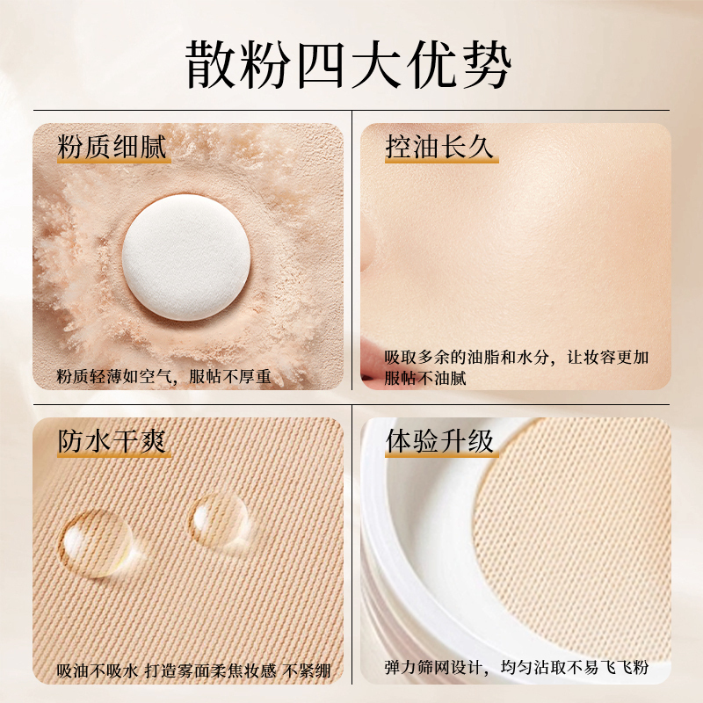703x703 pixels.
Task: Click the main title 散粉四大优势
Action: pos(349,65)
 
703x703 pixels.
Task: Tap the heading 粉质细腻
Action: pos(112,146)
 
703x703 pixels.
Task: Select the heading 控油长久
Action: pos(440,146)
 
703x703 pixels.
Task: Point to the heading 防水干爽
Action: pos(112,441)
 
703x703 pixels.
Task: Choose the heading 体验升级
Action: pos(440,441)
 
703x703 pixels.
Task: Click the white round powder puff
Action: pos(186,257)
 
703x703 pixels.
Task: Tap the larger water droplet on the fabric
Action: pos(96,543)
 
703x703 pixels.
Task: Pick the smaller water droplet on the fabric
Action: pos(220,520)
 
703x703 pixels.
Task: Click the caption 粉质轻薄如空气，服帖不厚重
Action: pos(163,377)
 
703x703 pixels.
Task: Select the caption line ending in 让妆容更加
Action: pos(517,358)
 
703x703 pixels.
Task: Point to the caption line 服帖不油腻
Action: pos(425,378)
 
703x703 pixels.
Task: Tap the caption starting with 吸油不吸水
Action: pos(193,670)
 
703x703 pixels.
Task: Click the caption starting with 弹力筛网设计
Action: pos(517,667)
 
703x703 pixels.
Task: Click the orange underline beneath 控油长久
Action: pos(442,161)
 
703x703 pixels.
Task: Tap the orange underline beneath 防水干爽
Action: pos(114,455)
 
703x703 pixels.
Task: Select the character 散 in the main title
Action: pos(210,65)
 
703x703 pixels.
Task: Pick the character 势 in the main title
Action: pos(488,65)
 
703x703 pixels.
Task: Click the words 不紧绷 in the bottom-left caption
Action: pos(307,670)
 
